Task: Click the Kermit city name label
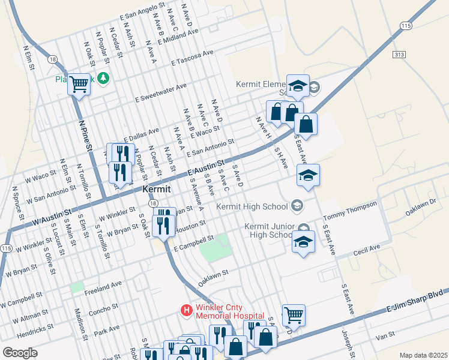157,188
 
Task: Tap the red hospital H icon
187,310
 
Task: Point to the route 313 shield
399,54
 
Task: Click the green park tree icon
104,78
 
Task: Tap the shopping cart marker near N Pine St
79,85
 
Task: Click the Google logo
20,352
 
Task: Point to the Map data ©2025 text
423,355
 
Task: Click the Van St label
385,334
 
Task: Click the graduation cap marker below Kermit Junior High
303,243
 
